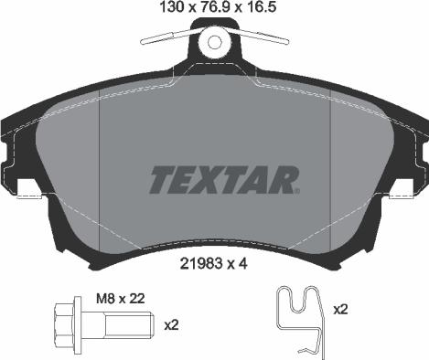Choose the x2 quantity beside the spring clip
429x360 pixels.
click(340, 311)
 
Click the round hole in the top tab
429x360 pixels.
click(215, 41)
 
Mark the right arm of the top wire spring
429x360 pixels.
click(262, 39)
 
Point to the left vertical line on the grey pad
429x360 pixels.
click(98, 174)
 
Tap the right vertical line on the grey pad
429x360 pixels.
click(330, 174)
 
